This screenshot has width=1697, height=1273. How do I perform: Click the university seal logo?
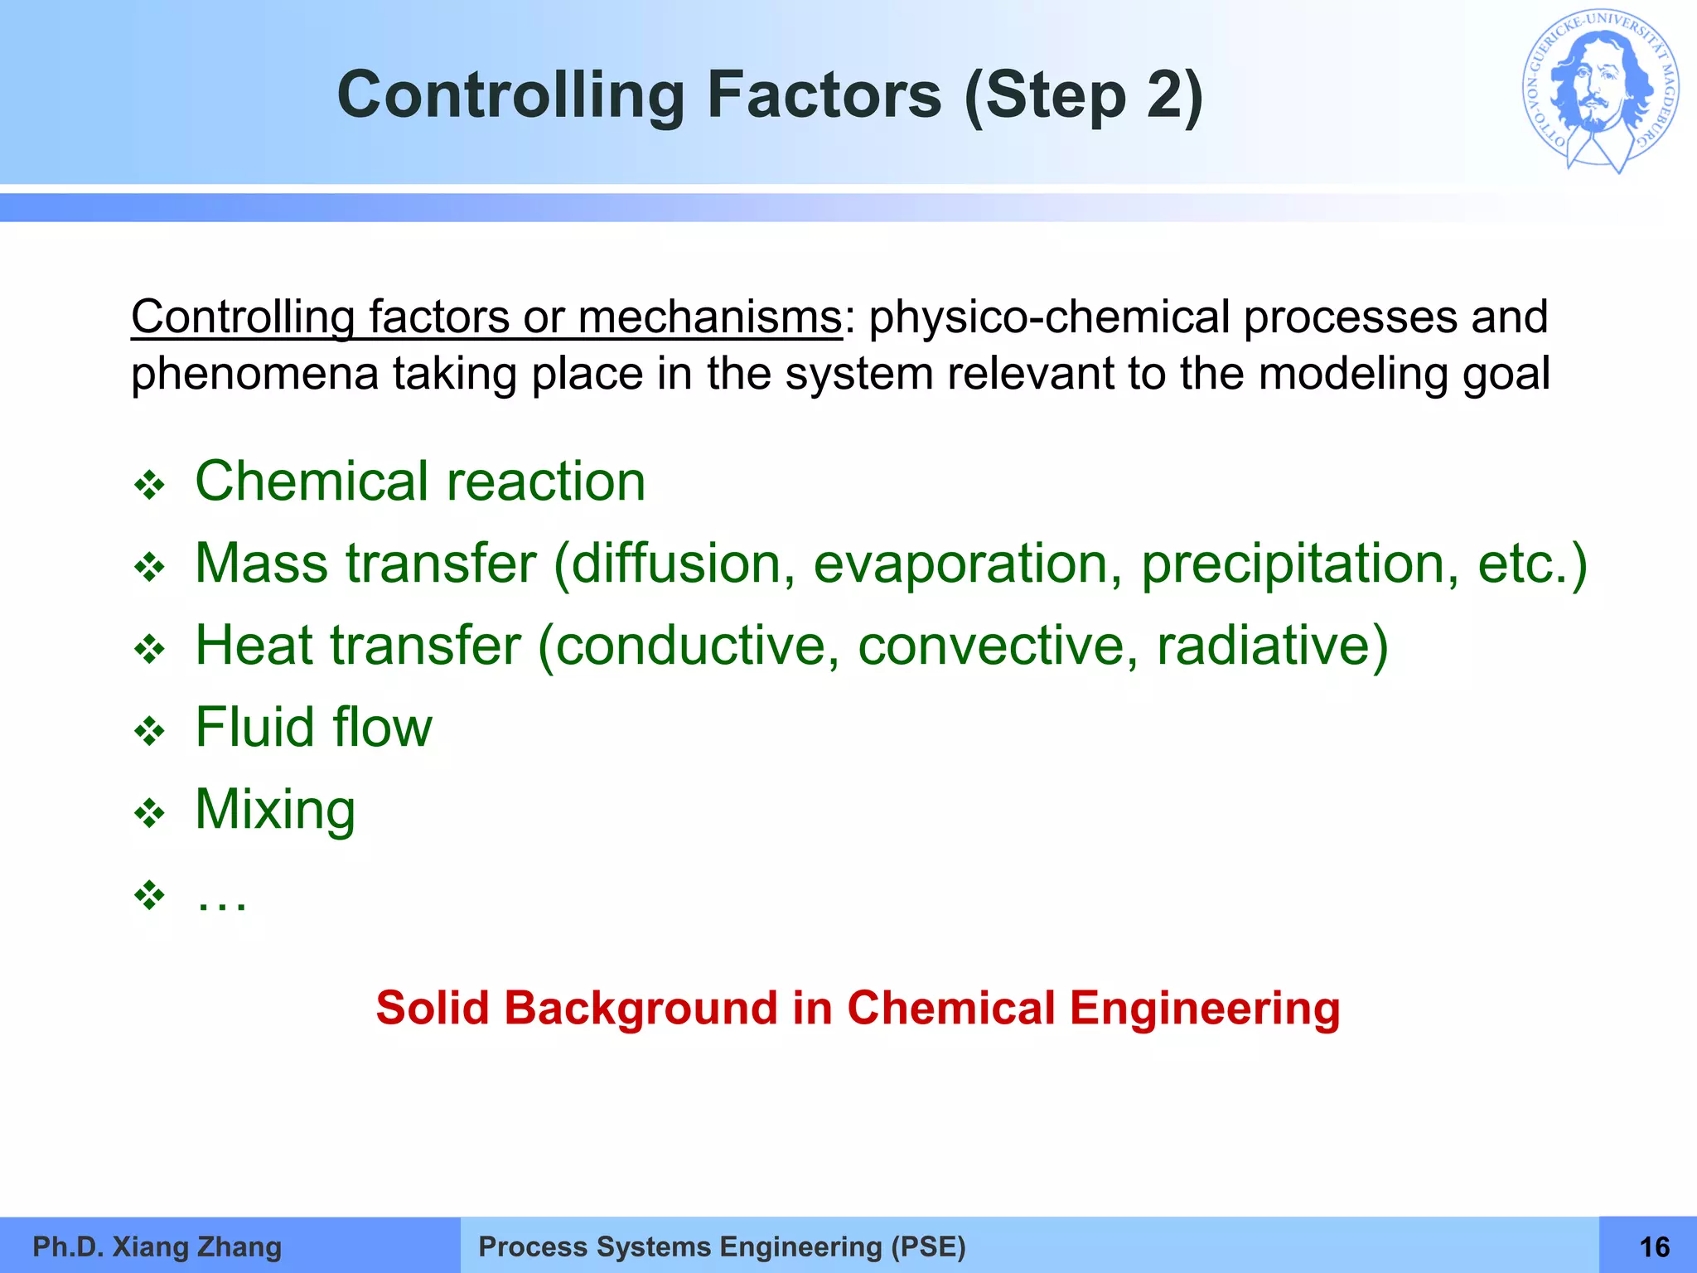tap(1601, 91)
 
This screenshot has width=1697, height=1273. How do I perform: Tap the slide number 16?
tap(1655, 1246)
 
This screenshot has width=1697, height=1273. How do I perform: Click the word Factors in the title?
tap(824, 94)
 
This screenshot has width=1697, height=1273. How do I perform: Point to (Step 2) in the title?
tap(1084, 96)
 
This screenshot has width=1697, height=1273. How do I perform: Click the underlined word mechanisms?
tap(709, 317)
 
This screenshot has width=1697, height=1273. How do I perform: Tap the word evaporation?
tap(961, 564)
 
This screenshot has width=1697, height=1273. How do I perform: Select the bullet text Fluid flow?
tap(313, 728)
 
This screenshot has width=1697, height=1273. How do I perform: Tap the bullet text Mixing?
tap(275, 810)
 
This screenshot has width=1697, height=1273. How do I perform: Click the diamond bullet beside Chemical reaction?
tap(150, 485)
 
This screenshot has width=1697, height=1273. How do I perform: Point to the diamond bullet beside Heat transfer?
tap(150, 648)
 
